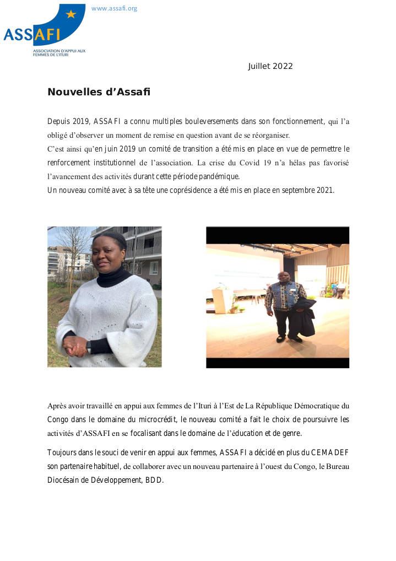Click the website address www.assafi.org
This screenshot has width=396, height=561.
pyautogui.click(x=114, y=8)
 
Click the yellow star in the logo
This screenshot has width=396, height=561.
pyautogui.click(x=71, y=14)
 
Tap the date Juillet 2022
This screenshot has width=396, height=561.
pyautogui.click(x=270, y=66)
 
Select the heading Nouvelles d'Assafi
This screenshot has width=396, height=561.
pyautogui.click(x=99, y=92)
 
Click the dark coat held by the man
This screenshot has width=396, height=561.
pyautogui.click(x=306, y=317)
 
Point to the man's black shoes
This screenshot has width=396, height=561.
pyautogui.click(x=289, y=338)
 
